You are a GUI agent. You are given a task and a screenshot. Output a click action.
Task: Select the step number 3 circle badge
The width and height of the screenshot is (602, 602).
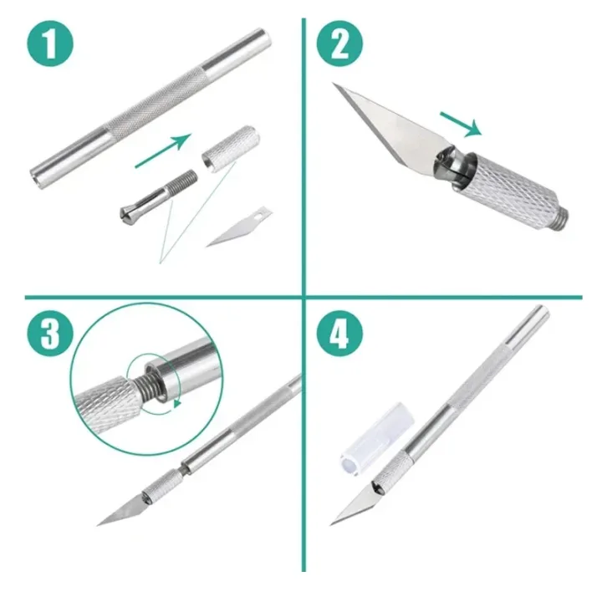(x=51, y=334)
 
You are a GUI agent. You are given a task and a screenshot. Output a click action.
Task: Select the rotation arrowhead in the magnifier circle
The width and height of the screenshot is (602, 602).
(x=177, y=404)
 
